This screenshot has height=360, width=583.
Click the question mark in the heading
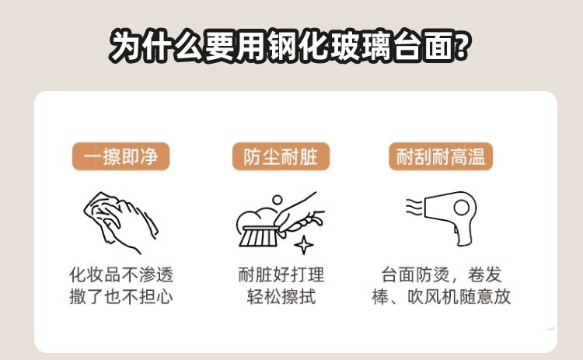coord(461,46)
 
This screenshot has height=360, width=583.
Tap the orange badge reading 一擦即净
coord(120,156)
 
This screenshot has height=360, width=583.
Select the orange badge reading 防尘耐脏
coord(281,156)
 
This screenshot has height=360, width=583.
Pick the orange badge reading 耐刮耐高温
coord(441,156)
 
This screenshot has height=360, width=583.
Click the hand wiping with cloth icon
coord(120,222)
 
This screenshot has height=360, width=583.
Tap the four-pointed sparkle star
coord(304,245)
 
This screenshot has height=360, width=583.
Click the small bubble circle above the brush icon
coord(278,200)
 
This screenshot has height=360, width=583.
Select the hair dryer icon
coord(442,218)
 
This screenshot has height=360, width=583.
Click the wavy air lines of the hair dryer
coord(414,207)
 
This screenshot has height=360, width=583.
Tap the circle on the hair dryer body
coord(462,208)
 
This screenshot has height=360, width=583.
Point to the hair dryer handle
coord(463,233)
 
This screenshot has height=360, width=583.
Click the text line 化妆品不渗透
coord(121,274)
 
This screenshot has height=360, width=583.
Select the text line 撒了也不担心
coord(121,297)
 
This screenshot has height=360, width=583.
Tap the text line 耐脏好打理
coord(281,274)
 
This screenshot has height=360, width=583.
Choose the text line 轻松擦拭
coord(281,297)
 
